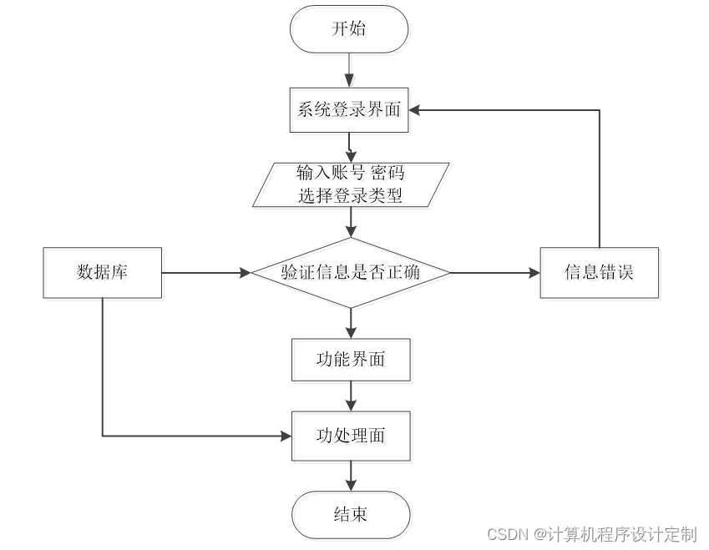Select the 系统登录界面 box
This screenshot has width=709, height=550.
349,110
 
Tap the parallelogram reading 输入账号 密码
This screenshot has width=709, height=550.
351,184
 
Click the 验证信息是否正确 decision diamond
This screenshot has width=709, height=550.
351,273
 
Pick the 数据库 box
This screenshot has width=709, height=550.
102,273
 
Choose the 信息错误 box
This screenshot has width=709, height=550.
599,273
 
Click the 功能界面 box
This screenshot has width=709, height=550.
351,360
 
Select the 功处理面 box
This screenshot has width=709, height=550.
351,436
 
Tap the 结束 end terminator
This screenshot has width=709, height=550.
351,514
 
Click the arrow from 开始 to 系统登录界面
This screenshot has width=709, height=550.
349,71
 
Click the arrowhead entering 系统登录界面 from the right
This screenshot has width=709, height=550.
417,110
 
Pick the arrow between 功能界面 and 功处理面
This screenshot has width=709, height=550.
351,396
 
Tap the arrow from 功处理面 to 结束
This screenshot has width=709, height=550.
351,476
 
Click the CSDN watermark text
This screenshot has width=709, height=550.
591,534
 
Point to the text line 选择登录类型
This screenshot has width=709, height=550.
351,196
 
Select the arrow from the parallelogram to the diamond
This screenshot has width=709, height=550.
351,223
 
